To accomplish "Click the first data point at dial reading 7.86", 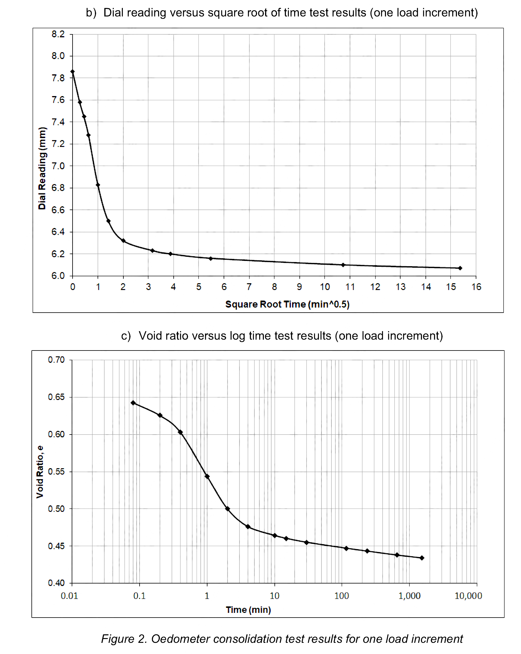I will (x=73, y=72).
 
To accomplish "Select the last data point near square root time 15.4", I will (x=460, y=268).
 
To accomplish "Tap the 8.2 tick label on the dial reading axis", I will (x=58, y=34).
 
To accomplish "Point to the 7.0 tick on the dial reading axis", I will (x=58, y=166).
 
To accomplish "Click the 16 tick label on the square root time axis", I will (x=476, y=287).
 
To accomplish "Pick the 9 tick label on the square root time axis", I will (x=299, y=287).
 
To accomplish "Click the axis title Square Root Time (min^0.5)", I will (x=287, y=304).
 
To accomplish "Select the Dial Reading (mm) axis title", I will (x=42, y=168).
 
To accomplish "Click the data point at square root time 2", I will (x=123, y=241).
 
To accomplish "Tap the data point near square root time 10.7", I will (x=343, y=265).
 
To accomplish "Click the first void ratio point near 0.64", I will (x=133, y=403).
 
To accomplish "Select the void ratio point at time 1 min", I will (x=207, y=476).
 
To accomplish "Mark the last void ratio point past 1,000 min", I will (x=422, y=558).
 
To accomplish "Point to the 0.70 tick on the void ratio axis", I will (x=56, y=360).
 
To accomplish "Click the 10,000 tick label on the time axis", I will (x=468, y=596).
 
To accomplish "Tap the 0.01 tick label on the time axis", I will (x=69, y=596).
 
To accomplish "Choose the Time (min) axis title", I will (x=248, y=610).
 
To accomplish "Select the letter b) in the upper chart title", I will (x=91, y=13).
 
